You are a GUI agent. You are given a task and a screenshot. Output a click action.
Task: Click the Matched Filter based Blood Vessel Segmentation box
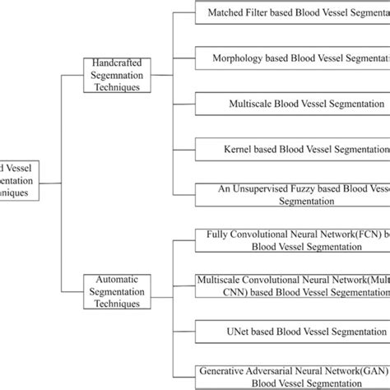[x=292, y=13]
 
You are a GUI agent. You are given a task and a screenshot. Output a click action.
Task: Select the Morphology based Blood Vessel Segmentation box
[x=292, y=58]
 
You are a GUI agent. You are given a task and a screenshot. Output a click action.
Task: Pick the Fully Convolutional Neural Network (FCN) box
[x=292, y=239]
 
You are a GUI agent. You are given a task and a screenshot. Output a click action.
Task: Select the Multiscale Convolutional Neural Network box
[x=292, y=285]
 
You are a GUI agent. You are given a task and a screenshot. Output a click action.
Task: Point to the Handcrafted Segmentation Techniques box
[x=118, y=74]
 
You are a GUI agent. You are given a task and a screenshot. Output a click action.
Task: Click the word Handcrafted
[x=118, y=63]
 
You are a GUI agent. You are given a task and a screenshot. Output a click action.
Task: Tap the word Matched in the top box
[x=226, y=13]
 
